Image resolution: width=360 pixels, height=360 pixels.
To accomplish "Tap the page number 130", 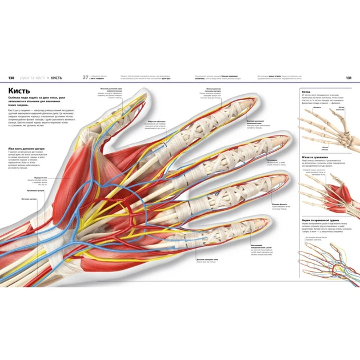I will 10,77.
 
